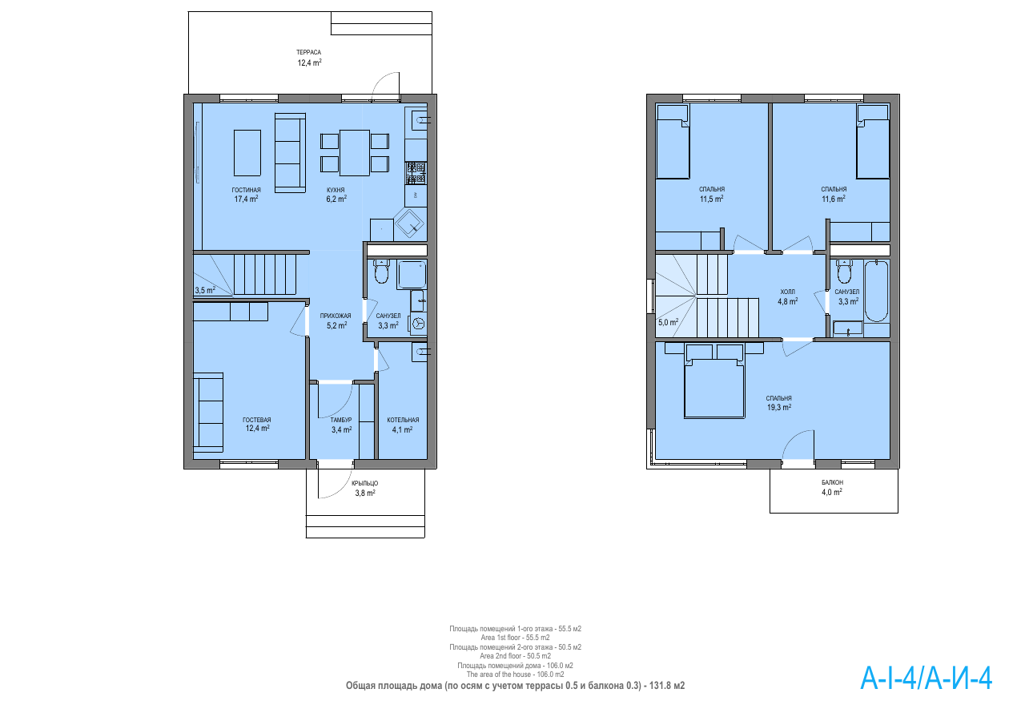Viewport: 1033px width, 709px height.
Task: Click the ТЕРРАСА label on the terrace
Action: tap(308, 53)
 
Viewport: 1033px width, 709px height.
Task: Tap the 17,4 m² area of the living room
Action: tap(247, 199)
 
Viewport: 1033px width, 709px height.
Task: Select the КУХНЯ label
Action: tap(336, 190)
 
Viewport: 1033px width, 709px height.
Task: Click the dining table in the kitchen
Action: tap(355, 153)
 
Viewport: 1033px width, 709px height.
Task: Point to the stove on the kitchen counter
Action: tap(416, 173)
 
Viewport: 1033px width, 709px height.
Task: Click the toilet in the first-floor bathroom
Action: tap(382, 272)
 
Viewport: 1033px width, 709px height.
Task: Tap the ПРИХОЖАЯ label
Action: tap(336, 316)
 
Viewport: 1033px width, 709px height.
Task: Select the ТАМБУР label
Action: tap(341, 420)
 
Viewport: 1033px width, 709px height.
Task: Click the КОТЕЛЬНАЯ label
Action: tap(403, 420)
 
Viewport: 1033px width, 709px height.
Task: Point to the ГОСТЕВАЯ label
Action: tap(257, 420)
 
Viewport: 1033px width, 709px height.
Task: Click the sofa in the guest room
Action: tap(208, 413)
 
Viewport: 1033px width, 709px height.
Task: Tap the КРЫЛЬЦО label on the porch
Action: tap(365, 483)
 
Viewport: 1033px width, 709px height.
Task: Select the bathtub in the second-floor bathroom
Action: tap(876, 292)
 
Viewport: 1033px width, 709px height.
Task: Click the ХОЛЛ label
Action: tap(787, 292)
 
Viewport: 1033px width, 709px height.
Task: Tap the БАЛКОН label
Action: tap(832, 482)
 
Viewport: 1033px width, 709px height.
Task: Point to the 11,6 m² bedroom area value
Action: tap(834, 199)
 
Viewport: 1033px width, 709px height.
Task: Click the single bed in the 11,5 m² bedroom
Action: tap(673, 142)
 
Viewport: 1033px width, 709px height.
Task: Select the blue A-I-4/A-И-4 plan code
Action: tap(926, 679)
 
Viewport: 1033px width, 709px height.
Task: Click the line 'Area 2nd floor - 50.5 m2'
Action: tap(515, 656)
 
